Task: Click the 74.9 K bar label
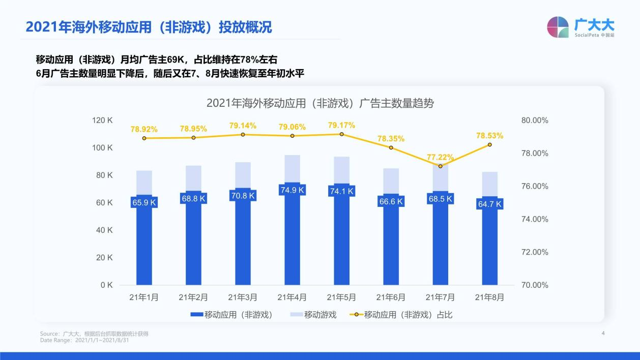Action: click(292, 190)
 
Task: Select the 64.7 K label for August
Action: click(489, 204)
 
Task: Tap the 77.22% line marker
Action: click(441, 166)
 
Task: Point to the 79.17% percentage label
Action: click(341, 125)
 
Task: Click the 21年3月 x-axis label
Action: click(243, 297)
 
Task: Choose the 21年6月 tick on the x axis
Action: click(391, 297)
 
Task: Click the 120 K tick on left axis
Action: click(102, 120)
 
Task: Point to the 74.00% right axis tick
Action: click(535, 219)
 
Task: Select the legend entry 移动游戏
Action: click(313, 315)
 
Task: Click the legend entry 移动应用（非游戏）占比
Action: click(401, 315)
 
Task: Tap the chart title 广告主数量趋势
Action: click(320, 103)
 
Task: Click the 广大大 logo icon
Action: click(558, 27)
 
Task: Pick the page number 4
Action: click(603, 334)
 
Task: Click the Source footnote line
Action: click(94, 334)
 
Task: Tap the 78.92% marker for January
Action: click(144, 138)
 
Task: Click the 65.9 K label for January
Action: click(144, 202)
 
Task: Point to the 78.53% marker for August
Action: click(490, 144)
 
